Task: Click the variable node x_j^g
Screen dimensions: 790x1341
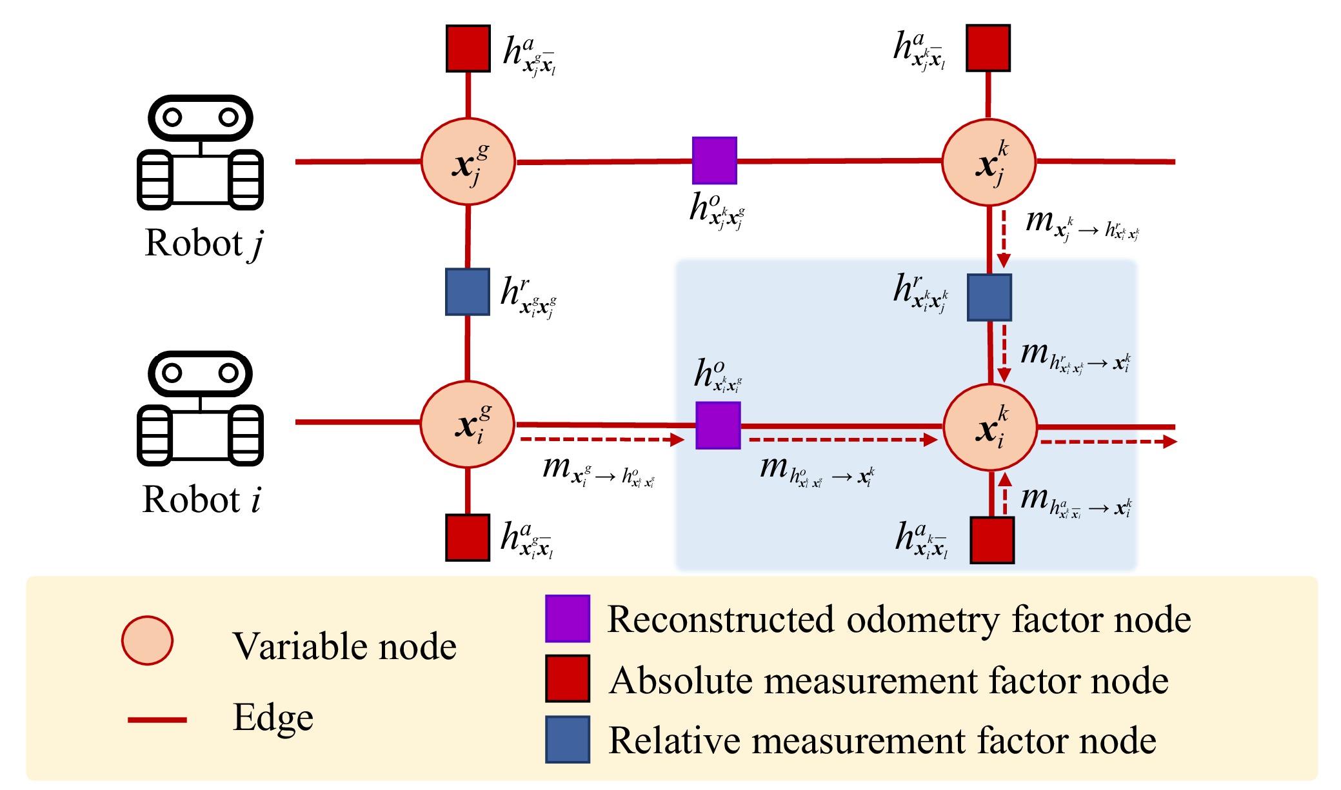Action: (468, 162)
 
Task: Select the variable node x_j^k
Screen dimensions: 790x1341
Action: (989, 163)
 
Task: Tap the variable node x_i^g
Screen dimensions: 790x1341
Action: (468, 424)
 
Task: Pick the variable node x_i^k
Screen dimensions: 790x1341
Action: (990, 427)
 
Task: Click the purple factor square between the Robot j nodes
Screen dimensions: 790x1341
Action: (715, 160)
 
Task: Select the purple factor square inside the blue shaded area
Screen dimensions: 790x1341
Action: (718, 426)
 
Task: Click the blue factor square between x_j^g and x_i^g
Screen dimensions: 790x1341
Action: (468, 291)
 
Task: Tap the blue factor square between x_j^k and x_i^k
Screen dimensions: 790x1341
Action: (989, 297)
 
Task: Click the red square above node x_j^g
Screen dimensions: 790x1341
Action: (468, 48)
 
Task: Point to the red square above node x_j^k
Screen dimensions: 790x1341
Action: (988, 48)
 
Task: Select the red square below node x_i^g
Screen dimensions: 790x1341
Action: (468, 537)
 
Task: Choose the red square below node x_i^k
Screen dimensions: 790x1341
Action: (992, 540)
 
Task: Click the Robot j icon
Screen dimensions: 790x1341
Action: (200, 153)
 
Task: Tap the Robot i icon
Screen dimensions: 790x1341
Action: (200, 408)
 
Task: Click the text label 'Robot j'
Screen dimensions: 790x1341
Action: (204, 244)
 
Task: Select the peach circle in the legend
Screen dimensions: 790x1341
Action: (148, 640)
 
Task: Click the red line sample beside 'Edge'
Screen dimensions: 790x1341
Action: (157, 719)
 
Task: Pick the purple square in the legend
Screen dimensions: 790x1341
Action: (568, 618)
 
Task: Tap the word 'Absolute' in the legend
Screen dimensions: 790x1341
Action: (681, 681)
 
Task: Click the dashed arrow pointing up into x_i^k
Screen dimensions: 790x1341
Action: (1005, 494)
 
